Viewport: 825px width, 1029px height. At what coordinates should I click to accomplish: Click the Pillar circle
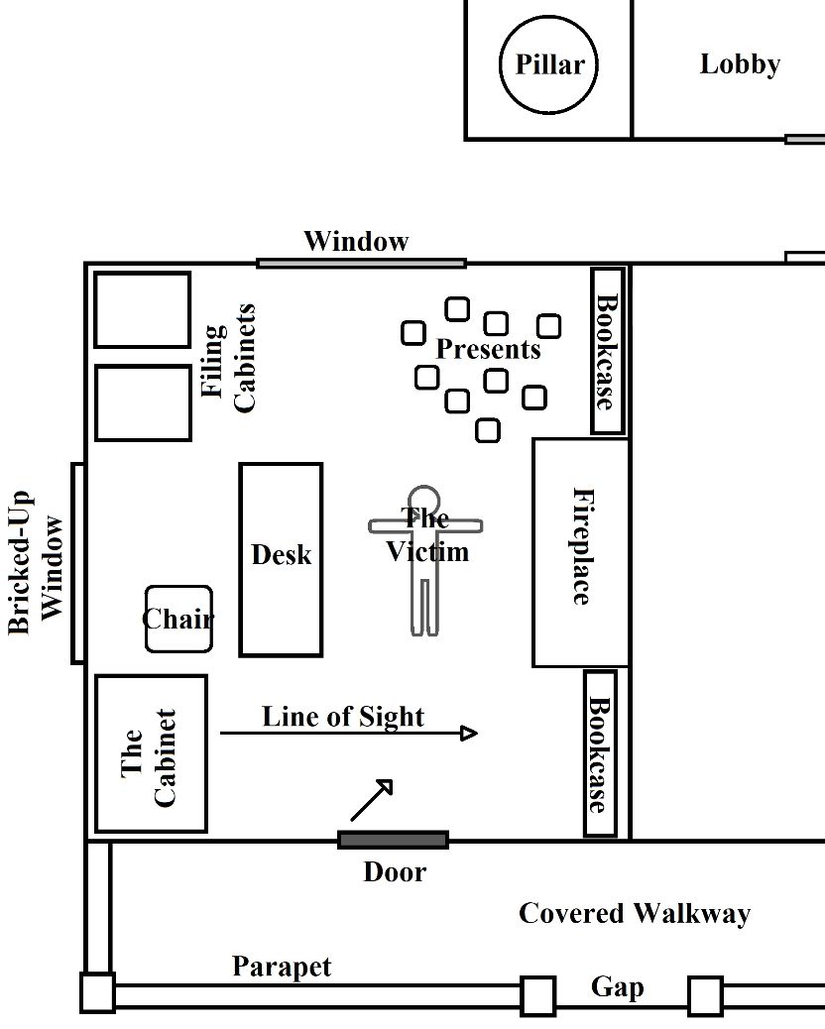tap(549, 65)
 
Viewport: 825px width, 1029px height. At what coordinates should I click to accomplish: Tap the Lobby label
tap(740, 64)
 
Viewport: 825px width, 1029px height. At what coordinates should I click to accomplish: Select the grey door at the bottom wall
tap(393, 840)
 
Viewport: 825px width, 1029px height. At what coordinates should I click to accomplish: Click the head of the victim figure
tap(423, 500)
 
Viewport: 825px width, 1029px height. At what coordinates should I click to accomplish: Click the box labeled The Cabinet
tap(151, 754)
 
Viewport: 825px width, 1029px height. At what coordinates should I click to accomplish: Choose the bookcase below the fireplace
tap(599, 753)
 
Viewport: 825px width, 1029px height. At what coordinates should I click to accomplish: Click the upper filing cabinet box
tap(143, 309)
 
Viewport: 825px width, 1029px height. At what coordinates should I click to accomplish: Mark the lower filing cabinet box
tap(143, 402)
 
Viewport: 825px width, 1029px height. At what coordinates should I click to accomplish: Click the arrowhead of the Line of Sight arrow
tap(470, 734)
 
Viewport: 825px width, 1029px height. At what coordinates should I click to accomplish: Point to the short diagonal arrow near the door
tap(372, 800)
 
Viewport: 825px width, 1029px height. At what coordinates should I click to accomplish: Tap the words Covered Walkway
tap(634, 913)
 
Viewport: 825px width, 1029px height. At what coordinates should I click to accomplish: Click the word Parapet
tap(282, 967)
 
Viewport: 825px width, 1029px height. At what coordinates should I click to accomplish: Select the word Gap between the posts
tap(617, 987)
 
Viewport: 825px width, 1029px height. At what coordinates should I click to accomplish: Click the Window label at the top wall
tap(356, 241)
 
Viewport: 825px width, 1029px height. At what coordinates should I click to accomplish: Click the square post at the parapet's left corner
tap(97, 993)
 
